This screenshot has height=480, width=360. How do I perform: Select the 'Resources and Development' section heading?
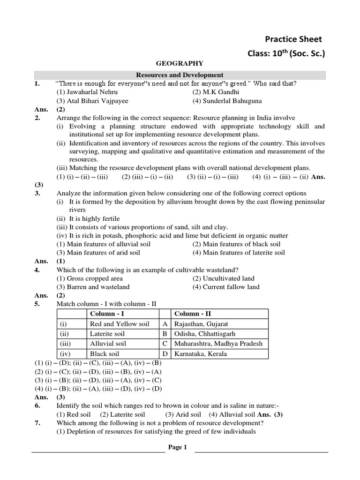(180, 75)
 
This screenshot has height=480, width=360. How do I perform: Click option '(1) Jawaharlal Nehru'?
(87, 92)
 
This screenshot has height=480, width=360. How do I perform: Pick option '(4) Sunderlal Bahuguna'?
(227, 101)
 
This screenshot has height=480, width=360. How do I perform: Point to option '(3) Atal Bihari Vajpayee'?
(92, 101)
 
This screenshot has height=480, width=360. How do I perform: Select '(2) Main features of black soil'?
(236, 244)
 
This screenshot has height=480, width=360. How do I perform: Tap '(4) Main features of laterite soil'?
(239, 253)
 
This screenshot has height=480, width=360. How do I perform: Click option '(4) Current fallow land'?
(226, 287)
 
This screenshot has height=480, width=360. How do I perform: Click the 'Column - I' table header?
(106, 314)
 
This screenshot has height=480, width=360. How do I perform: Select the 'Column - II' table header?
(193, 314)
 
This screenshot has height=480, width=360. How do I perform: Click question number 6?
(37, 405)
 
